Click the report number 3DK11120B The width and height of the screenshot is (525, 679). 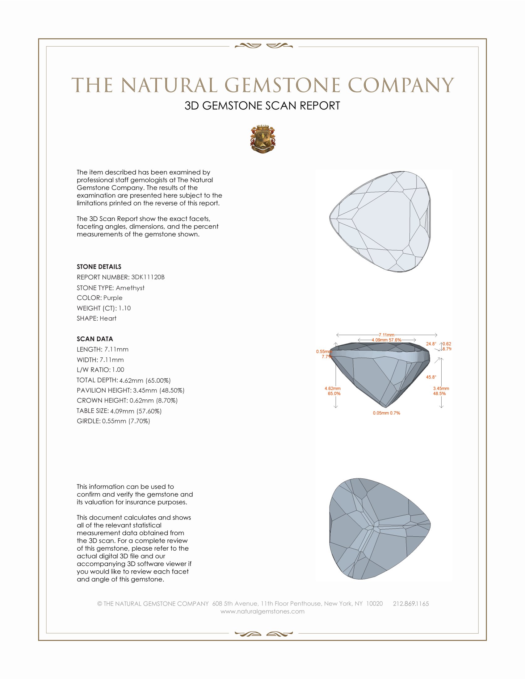tap(148, 277)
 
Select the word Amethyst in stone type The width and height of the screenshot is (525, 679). tap(130, 288)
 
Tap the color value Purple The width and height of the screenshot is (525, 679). tap(113, 298)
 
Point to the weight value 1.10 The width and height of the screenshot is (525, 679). tap(124, 308)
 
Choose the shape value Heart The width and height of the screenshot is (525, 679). tap(108, 319)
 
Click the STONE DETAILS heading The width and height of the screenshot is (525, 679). tap(99, 267)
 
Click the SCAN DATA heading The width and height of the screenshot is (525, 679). tap(94, 339)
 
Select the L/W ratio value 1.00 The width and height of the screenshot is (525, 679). tap(118, 370)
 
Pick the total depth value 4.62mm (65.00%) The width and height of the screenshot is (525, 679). tap(145, 380)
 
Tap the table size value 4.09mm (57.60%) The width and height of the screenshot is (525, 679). tap(136, 411)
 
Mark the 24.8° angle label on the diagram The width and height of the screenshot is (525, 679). tap(431, 344)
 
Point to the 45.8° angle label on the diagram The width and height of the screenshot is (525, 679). tap(431, 377)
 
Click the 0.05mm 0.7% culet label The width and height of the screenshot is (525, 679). tap(386, 413)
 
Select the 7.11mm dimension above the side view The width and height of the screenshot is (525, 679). tap(386, 335)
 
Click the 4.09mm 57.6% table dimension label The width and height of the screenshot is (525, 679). tap(386, 340)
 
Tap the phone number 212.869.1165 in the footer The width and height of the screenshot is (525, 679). tap(410, 604)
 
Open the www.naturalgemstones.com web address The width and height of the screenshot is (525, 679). tap(262, 611)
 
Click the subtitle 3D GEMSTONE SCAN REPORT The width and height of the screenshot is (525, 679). tap(262, 106)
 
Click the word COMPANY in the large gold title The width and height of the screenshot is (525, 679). tap(401, 85)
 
